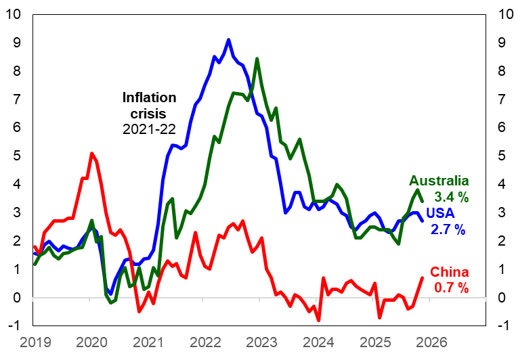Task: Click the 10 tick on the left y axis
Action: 14,14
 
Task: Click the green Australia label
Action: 439,181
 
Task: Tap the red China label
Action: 450,272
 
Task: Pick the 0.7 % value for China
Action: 450,288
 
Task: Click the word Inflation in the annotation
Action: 149,97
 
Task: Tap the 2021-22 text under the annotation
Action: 149,129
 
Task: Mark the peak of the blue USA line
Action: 229,40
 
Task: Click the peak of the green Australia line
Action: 257,59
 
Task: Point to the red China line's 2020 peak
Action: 91,154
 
